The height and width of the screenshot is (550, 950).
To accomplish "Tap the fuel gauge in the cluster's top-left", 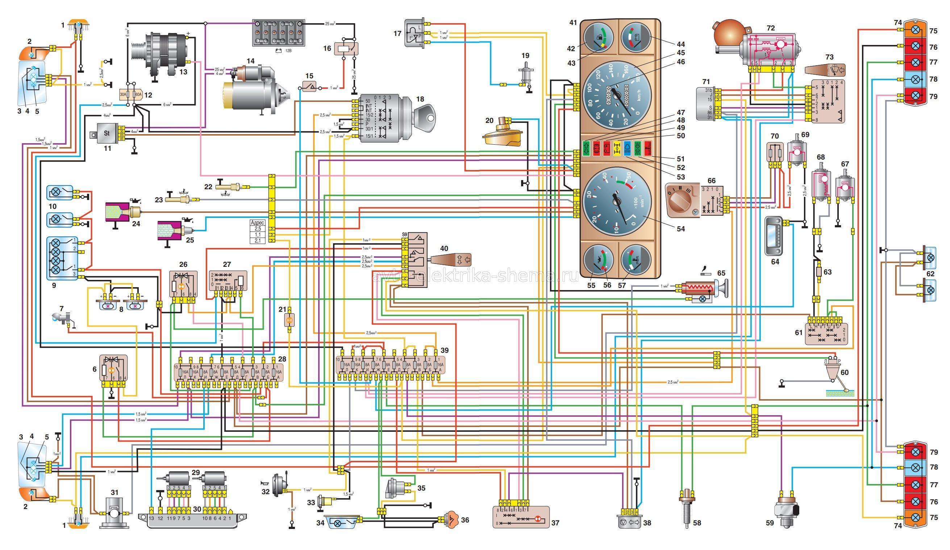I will (x=598, y=38).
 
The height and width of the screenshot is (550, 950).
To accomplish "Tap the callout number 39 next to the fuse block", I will (x=445, y=350).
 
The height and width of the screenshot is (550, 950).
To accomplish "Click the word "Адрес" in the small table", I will (x=258, y=223).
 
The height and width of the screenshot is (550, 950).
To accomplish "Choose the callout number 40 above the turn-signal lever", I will (x=444, y=249).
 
